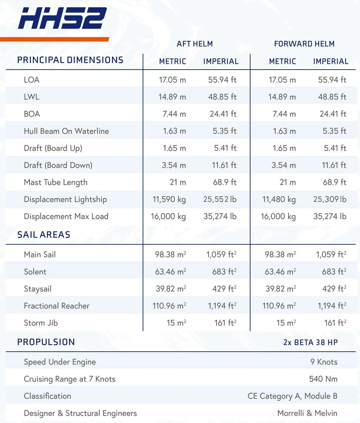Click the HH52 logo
pos(62,18)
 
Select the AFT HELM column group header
pos(195,44)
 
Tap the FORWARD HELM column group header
pos(304,44)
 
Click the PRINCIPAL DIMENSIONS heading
pos(70,60)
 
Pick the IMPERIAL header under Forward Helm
pos(331,61)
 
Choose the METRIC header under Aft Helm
pos(173,61)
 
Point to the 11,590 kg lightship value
pos(169,199)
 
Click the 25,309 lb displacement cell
pos(330,199)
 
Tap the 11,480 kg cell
pos(279,199)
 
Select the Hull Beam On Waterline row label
pos(66,131)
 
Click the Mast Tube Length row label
pos(56,182)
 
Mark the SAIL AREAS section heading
pos(44,235)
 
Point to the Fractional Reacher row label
pos(57,306)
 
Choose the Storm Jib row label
pos(41,323)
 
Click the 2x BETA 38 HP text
pos(310,342)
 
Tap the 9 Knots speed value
pos(324,362)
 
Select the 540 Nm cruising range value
pos(323,379)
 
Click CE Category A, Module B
pos(292,396)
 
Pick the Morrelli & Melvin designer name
pos(307,413)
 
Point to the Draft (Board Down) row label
pos(58,165)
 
